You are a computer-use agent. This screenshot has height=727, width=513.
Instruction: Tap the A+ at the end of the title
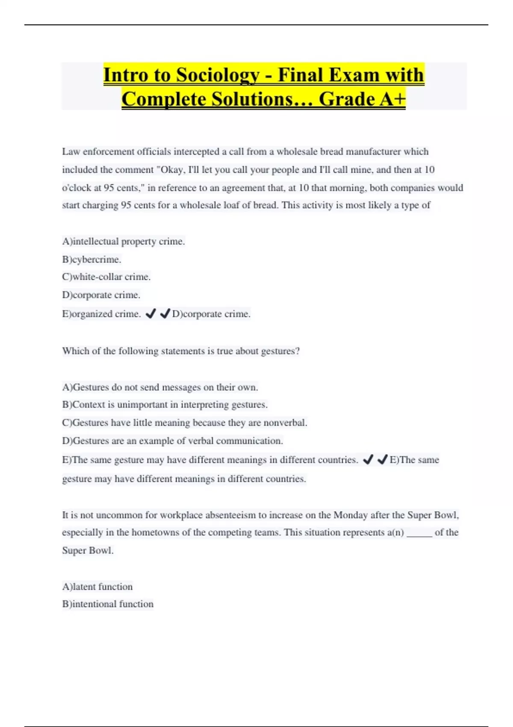pyautogui.click(x=392, y=99)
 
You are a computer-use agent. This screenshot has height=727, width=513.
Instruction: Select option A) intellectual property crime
pyautogui.click(x=124, y=242)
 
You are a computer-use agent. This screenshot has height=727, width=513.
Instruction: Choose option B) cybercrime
pyautogui.click(x=92, y=260)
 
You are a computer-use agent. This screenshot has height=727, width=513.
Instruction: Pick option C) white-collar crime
pyautogui.click(x=106, y=277)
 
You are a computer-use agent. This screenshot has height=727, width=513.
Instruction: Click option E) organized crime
pyautogui.click(x=101, y=314)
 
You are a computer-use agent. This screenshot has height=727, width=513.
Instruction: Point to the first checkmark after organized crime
pyautogui.click(x=150, y=314)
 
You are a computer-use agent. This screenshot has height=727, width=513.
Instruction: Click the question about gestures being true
pyautogui.click(x=181, y=351)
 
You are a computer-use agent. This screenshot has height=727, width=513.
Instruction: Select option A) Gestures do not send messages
pyautogui.click(x=160, y=387)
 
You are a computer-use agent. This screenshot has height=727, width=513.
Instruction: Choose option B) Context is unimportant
pyautogui.click(x=165, y=405)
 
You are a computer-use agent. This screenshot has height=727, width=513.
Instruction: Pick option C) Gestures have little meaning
pyautogui.click(x=185, y=423)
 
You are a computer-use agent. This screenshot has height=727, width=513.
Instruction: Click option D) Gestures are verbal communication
pyautogui.click(x=173, y=441)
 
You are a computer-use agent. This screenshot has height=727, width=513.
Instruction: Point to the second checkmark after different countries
pyautogui.click(x=382, y=460)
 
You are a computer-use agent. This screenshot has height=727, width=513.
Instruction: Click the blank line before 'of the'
pyautogui.click(x=419, y=533)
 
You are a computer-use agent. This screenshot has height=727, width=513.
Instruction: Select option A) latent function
pyautogui.click(x=97, y=587)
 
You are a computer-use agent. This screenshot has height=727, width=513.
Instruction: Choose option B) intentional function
pyautogui.click(x=108, y=604)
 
